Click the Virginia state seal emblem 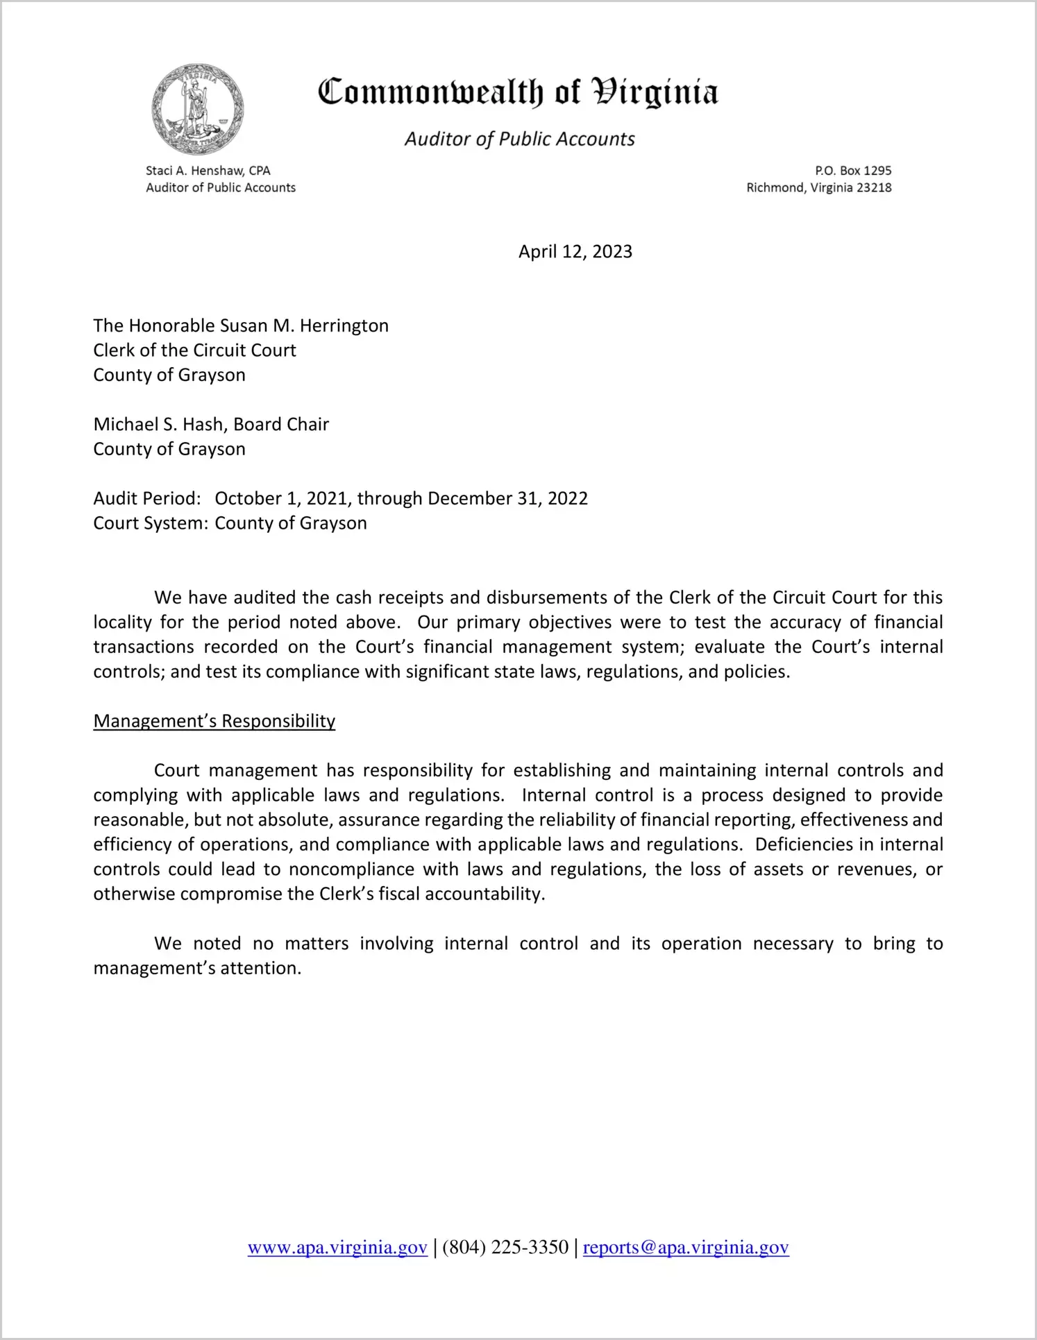tap(198, 109)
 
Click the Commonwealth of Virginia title tap(518, 92)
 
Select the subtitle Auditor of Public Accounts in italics tap(519, 139)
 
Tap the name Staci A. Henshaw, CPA tap(208, 171)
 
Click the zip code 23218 tap(874, 188)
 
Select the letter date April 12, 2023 tap(575, 251)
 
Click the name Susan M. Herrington tap(304, 325)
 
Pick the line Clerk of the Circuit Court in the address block tap(194, 350)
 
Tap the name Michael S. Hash tap(160, 424)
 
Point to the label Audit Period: tap(147, 498)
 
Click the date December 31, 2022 tap(507, 498)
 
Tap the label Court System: tap(151, 523)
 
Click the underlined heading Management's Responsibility tap(214, 721)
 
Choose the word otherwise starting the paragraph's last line tap(134, 894)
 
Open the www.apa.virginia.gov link tap(337, 1248)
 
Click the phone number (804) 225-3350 tap(505, 1248)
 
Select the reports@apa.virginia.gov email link tap(686, 1248)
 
